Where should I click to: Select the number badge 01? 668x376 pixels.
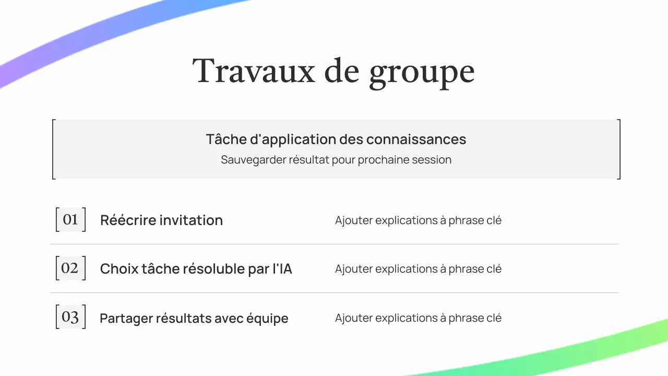coord(70,219)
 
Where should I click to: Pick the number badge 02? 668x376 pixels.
coord(70,268)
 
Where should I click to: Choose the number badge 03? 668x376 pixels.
coord(70,318)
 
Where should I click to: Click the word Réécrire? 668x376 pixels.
coord(128,220)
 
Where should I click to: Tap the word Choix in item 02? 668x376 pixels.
coord(118,269)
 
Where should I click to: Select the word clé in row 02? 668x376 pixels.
coord(493,269)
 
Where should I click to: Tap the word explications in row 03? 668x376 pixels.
coord(406,318)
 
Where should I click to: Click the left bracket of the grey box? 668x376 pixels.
coord(53,149)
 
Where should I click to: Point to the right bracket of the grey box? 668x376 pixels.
coord(619,149)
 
